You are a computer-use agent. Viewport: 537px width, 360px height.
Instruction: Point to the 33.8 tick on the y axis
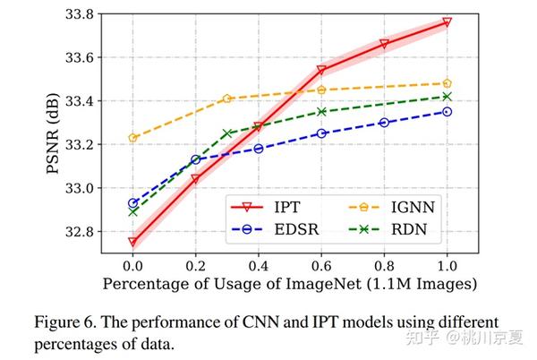pos(76,14)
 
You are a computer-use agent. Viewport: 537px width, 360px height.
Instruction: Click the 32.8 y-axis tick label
pos(76,232)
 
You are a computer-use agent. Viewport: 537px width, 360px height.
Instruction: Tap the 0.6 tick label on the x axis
pos(321,265)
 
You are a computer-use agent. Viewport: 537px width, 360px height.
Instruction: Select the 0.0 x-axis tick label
pos(132,265)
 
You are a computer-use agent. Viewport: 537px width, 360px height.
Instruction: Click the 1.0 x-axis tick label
pos(447,265)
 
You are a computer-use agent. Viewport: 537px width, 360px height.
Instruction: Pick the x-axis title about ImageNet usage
pos(289,284)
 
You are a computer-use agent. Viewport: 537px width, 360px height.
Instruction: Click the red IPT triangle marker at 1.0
pos(447,22)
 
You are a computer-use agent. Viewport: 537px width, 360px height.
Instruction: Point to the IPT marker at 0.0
pos(132,242)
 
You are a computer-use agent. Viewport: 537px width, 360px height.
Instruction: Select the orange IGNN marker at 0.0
pos(132,138)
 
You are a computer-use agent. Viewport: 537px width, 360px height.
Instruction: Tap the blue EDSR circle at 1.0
pos(447,112)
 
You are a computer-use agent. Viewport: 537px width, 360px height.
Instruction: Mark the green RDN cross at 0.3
pos(227,133)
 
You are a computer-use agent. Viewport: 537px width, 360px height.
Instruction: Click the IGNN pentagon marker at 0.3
pos(227,99)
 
